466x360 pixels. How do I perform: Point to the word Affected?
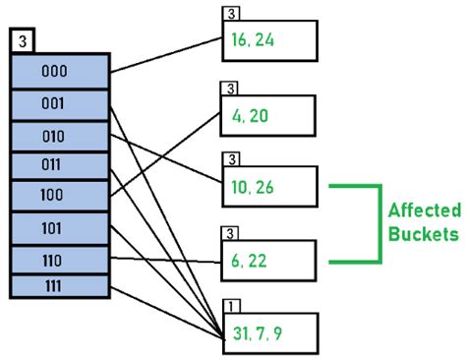pos(423,210)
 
